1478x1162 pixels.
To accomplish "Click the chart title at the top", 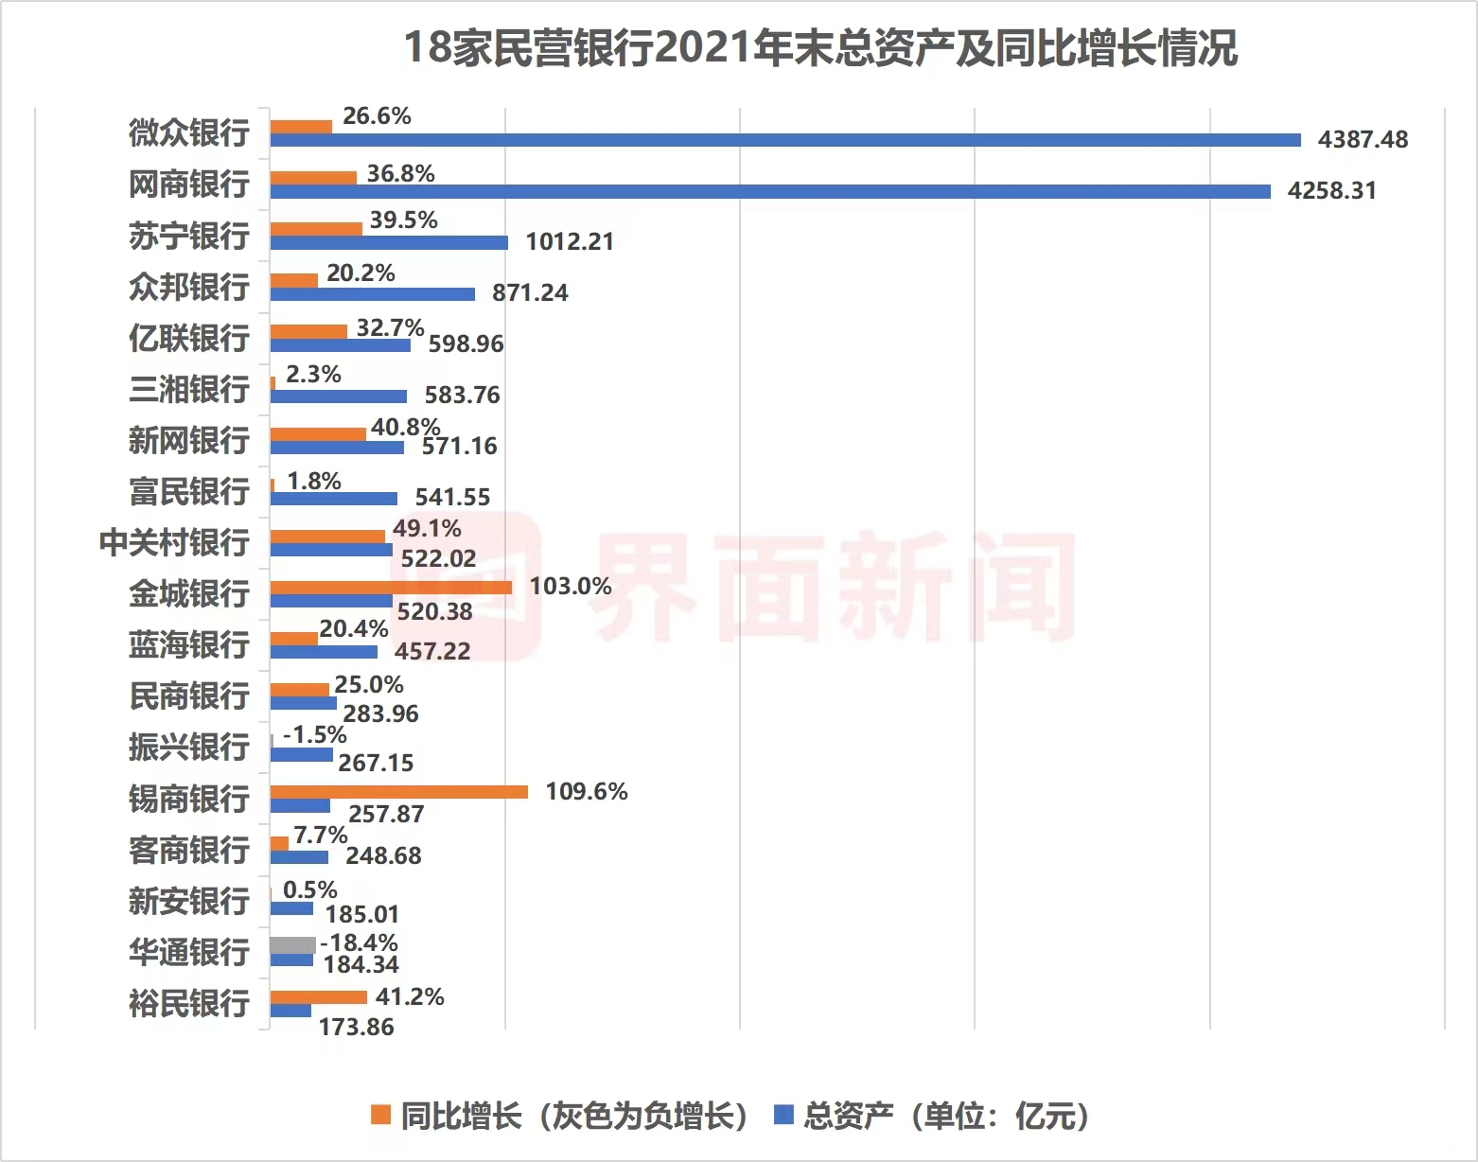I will point(820,47).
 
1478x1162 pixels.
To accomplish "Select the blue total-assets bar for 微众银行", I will point(785,140).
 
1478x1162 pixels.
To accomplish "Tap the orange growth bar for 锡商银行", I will point(398,792).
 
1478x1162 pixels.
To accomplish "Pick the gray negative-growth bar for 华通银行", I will point(292,944).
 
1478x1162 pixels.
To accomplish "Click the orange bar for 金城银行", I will point(391,587).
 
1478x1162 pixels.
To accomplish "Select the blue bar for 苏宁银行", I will point(389,242).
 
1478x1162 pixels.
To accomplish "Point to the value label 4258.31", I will point(1331,191).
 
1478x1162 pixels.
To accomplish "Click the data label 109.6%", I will point(587,791).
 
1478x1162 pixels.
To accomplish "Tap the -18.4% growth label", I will point(360,942).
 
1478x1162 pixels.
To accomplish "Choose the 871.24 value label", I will point(530,293).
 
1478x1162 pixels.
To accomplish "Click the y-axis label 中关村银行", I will point(174,542).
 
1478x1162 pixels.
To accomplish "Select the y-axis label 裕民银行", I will point(189,1002).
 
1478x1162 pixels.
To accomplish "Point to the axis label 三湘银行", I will point(189,389).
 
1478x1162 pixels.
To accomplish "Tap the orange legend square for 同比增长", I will point(380,1116).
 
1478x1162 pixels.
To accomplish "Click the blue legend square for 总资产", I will point(783,1116).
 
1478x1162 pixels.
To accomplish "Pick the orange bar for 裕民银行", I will point(318,996).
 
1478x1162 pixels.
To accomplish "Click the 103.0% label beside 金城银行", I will point(571,587).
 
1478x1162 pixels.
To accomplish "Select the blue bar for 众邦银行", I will point(373,294).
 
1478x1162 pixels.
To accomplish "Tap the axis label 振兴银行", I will point(189,747).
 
